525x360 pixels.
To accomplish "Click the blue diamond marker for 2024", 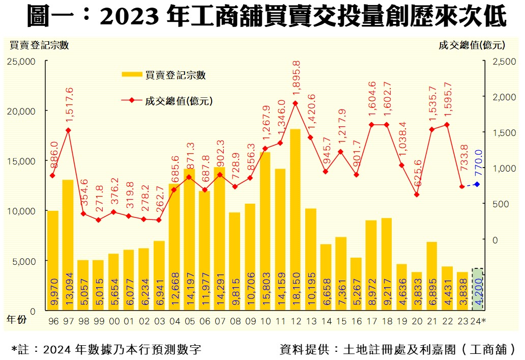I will (477, 184).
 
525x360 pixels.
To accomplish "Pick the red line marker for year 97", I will (68, 130).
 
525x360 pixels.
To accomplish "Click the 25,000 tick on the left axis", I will (21, 62).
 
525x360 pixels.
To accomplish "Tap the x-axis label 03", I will (159, 322).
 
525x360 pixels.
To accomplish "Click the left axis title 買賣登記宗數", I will (39, 45).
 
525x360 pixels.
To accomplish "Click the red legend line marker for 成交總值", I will (132, 100).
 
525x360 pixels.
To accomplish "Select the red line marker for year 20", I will (417, 195).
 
